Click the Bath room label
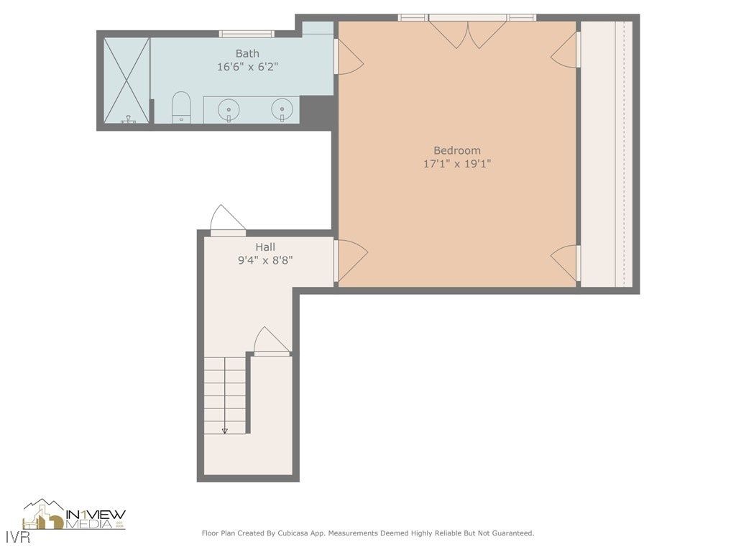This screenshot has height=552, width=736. [247, 53]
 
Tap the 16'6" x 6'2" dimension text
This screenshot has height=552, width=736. [247, 66]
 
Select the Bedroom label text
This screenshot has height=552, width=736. [456, 150]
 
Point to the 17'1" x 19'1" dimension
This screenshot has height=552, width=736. [456, 163]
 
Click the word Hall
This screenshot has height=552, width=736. [264, 247]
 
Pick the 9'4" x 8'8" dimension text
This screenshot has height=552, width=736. [264, 260]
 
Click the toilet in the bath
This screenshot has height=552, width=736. [181, 107]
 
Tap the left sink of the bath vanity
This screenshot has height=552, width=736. [229, 109]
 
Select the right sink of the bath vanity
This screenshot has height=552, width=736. [282, 109]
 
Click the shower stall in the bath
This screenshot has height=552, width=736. [126, 80]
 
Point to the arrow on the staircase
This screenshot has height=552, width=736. [225, 429]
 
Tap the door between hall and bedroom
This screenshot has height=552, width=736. [350, 259]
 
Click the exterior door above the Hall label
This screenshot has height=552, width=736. [227, 220]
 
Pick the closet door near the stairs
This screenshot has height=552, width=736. [272, 342]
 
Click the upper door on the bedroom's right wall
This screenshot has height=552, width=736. [566, 51]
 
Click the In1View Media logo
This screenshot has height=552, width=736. [75, 515]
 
